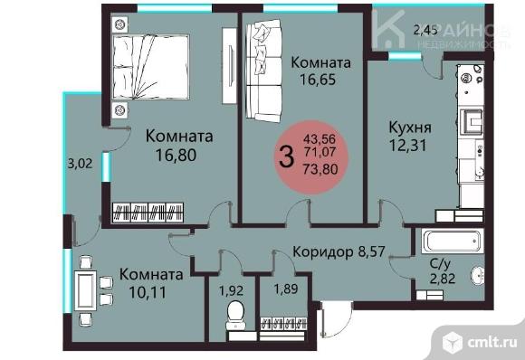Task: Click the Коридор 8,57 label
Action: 339,253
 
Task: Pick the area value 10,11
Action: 151,291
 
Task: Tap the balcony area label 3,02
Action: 81,165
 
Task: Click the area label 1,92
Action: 232,291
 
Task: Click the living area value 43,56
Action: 323,139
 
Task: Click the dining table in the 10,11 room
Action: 87,289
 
